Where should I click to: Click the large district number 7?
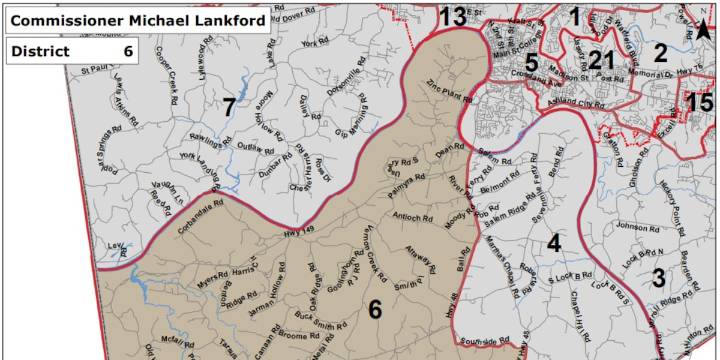[x=228, y=107]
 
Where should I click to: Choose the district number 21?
[x=600, y=60]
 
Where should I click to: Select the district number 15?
[x=700, y=101]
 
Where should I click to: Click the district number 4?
[x=553, y=241]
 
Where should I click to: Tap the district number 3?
[x=658, y=277]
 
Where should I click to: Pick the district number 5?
[x=532, y=64]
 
